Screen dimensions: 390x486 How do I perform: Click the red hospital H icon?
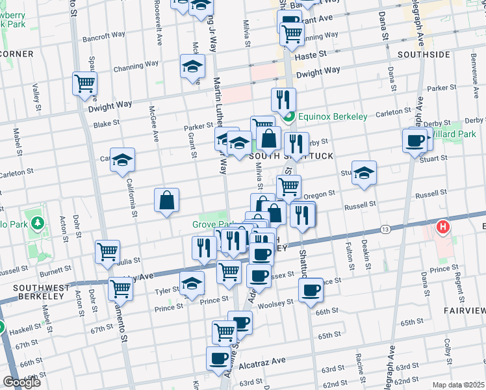pos(443,227)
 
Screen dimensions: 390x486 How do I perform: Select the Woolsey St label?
pos(277,304)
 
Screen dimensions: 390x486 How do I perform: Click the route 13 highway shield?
pos(386,229)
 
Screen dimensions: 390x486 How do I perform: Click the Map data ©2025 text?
pos(458,385)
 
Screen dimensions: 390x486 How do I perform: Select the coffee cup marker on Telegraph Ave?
pos(414,140)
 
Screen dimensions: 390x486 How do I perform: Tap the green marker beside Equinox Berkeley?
pos(288,117)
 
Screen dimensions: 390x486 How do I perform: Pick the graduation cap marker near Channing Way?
pos(192,67)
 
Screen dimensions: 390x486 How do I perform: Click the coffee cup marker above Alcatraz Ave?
pos(218,359)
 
